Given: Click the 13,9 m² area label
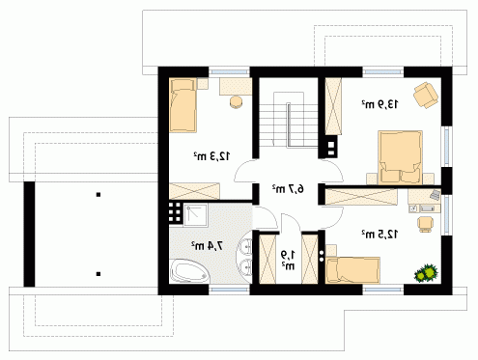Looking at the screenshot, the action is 380,104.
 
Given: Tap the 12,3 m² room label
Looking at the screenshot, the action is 211,156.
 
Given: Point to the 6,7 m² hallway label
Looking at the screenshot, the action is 288,189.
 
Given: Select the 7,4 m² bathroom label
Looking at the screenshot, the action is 207,246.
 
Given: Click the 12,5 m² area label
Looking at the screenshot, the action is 380,235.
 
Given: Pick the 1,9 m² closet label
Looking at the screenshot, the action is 288,261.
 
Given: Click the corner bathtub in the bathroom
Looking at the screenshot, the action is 189,271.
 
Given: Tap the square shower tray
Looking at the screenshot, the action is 195,214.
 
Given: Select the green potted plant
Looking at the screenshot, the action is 426,273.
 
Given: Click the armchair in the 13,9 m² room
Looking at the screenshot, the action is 426,95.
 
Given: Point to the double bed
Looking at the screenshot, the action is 400,157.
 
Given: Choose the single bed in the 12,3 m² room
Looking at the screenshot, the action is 183,105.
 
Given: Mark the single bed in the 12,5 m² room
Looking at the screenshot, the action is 352,270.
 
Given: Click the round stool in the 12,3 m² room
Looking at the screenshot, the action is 237,101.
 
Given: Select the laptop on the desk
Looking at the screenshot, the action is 435,195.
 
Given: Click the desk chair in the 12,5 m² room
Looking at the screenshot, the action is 426,224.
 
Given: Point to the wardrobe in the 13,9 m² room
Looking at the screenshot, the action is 333,106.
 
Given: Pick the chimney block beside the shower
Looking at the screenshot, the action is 176,212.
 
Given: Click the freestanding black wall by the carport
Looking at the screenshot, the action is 29,234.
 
